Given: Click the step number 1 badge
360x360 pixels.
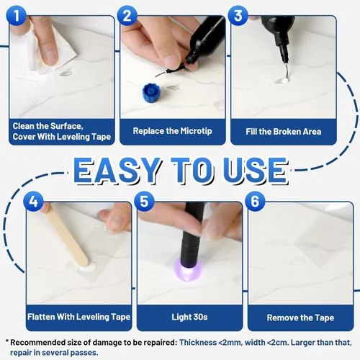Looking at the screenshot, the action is click(16, 15).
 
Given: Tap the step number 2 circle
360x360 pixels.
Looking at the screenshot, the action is click(127, 15).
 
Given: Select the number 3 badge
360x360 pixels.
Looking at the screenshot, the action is click(238, 15).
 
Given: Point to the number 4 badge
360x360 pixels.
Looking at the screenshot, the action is click(33, 201).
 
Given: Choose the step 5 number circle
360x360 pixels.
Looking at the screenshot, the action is click(144, 201).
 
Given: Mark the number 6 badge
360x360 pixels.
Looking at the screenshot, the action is click(255, 201).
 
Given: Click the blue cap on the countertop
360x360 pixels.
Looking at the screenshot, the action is click(151, 92).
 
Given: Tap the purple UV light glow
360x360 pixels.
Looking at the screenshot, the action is click(188, 271).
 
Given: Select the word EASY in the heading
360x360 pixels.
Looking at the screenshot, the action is click(117, 171).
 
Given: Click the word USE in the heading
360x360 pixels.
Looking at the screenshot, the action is click(256, 171).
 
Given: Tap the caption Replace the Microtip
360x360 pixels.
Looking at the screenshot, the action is click(173, 131).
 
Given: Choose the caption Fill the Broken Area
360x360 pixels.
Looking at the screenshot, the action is click(284, 132).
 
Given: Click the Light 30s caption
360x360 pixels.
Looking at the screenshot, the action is click(189, 317).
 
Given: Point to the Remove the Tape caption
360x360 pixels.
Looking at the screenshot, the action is click(300, 318).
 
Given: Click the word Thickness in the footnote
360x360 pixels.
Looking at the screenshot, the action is click(198, 343).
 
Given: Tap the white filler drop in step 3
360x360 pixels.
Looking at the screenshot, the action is click(284, 80).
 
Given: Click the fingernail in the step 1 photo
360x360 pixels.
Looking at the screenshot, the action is click(51, 58).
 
